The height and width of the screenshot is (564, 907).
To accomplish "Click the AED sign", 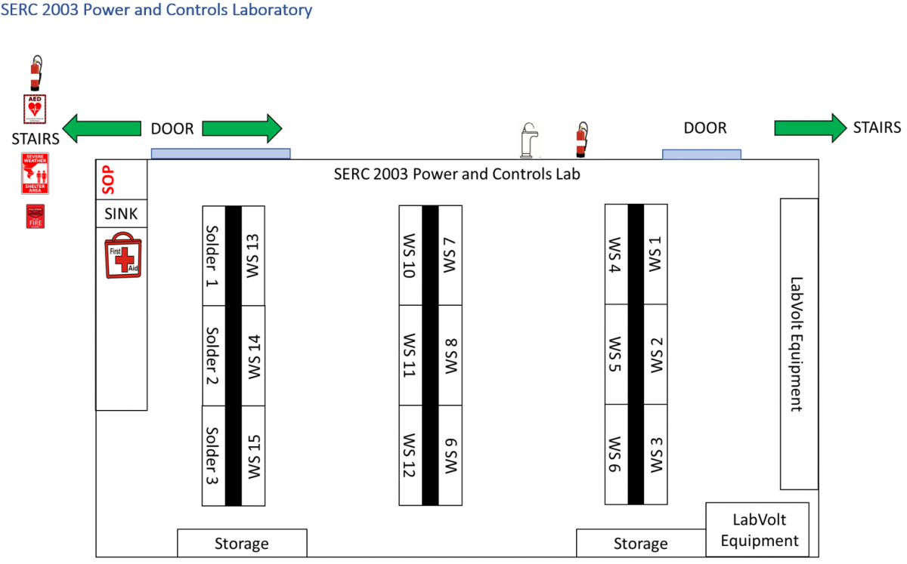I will pyautogui.click(x=35, y=109).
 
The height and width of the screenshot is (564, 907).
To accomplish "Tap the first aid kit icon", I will pyautogui.click(x=122, y=255).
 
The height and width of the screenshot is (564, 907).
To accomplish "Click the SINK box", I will pyautogui.click(x=121, y=214).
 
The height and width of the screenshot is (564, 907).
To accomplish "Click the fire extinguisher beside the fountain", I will pyautogui.click(x=581, y=140).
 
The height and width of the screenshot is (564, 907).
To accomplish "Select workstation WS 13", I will pyautogui.click(x=252, y=255).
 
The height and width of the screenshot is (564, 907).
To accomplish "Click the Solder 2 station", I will pyautogui.click(x=213, y=355).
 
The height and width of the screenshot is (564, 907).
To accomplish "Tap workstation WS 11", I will pyautogui.click(x=410, y=355).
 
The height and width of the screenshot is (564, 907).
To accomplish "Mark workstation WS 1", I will pyautogui.click(x=655, y=255).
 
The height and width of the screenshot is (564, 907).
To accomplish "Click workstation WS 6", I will pyautogui.click(x=616, y=455).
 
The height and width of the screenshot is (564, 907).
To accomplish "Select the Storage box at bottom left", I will pyautogui.click(x=242, y=543).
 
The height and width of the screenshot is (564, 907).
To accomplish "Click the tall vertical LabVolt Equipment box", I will pyautogui.click(x=799, y=344).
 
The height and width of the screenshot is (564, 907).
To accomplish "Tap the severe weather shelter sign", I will pyautogui.click(x=35, y=174).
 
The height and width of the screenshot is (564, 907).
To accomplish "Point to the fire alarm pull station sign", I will pyautogui.click(x=35, y=216).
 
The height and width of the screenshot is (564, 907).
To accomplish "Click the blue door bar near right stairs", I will pyautogui.click(x=701, y=154).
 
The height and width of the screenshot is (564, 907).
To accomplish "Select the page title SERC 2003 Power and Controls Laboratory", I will pyautogui.click(x=156, y=11).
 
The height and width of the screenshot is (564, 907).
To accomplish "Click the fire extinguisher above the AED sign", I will pyautogui.click(x=35, y=73).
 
